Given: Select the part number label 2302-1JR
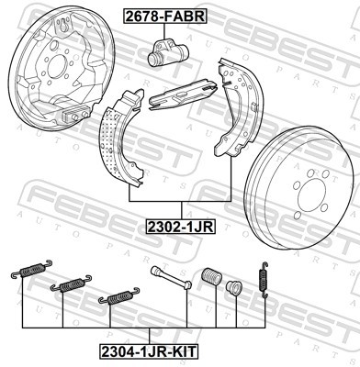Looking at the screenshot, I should (x=179, y=223).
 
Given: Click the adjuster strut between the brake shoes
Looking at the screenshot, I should (x=184, y=93).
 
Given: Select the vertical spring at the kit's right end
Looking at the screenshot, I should (x=264, y=276).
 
